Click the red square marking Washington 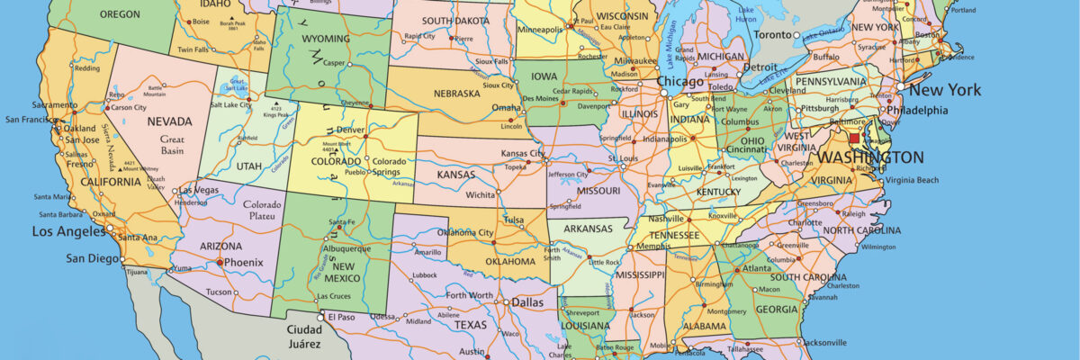854,139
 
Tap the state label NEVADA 169,121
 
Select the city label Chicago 680,81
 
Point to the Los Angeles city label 68,231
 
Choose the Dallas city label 529,303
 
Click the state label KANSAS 456,174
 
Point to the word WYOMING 326,40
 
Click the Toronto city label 772,34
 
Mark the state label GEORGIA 776,309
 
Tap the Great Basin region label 172,146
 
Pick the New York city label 944,90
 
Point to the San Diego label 93,258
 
